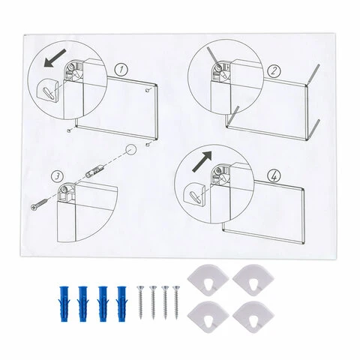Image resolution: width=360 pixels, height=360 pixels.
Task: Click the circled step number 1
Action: [x=121, y=70]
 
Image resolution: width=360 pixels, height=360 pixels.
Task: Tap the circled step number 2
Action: [x=274, y=71]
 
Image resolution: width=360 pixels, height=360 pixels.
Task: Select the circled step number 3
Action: [x=57, y=176]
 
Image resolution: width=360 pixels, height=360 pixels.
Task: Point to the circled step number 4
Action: [x=274, y=175]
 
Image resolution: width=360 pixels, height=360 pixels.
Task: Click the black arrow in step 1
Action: [x=55, y=58]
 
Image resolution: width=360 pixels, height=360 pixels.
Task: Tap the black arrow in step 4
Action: [x=202, y=161]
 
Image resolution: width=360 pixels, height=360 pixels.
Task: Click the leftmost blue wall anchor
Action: [x=64, y=304]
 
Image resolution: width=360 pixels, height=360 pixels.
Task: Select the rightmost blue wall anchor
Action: [x=121, y=304]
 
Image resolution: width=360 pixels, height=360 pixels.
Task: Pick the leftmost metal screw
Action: [x=140, y=302]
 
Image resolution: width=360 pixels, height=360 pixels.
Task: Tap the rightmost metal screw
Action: [x=176, y=302]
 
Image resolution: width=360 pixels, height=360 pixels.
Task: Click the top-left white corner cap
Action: [x=208, y=280]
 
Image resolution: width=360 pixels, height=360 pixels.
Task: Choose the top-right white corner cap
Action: [x=253, y=280]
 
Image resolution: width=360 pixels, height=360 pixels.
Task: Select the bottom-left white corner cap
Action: [x=208, y=317]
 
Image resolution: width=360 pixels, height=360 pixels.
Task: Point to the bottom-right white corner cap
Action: [x=253, y=317]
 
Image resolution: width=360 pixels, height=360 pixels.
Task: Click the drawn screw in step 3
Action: [x=40, y=204]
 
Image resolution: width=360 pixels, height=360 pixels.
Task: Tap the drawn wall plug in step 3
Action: [x=94, y=171]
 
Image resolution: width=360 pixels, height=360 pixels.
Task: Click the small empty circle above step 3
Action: [x=130, y=150]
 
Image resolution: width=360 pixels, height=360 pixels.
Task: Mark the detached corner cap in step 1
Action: [x=49, y=91]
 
